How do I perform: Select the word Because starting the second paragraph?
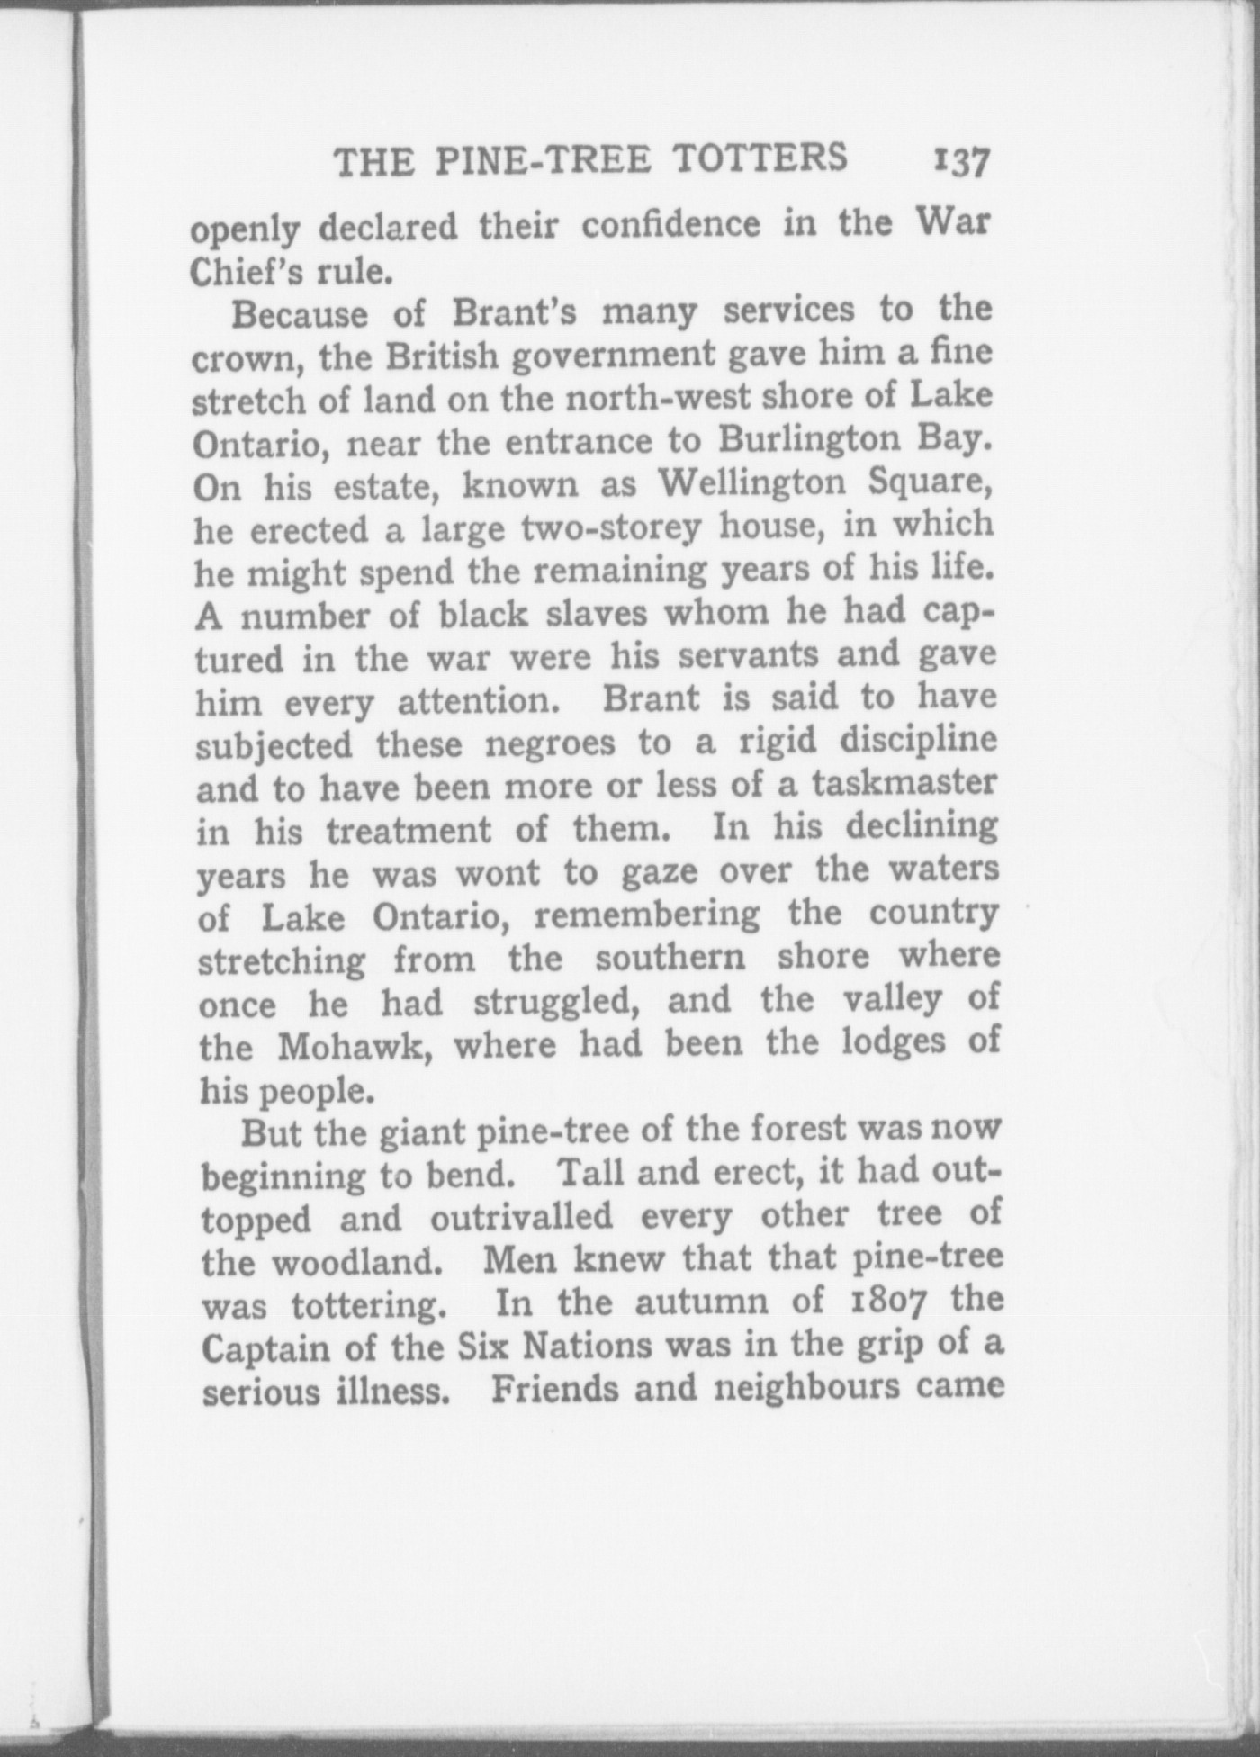click(x=300, y=315)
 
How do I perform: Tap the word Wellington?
click(x=751, y=484)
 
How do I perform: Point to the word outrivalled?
click(x=520, y=1218)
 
